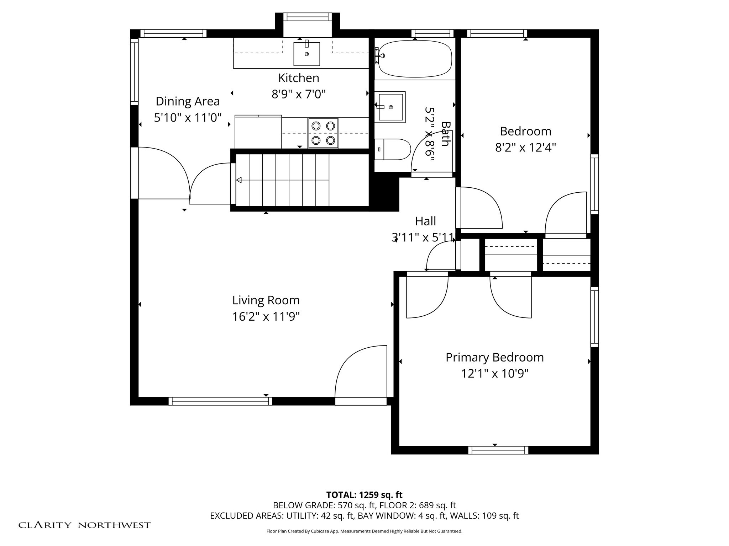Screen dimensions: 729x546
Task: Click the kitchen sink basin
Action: coord(306,54)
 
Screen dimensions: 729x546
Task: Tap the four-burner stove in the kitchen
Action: coord(323,133)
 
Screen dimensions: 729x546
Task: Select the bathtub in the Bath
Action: coord(415,59)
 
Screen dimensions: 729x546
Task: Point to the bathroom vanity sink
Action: coord(390,107)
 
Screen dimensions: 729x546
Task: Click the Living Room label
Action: coord(266,300)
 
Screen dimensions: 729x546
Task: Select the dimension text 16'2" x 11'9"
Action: coord(266,316)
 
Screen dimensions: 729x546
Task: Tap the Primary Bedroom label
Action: coord(495,358)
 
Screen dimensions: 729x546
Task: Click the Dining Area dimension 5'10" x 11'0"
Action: coord(188,117)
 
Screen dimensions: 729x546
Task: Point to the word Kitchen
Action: coord(299,78)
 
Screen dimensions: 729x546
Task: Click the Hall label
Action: coord(425,221)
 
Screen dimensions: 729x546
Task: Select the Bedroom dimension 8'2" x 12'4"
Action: coord(525,147)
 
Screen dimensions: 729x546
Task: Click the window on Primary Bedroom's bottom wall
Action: coord(498,450)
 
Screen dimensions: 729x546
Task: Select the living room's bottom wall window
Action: coord(220,401)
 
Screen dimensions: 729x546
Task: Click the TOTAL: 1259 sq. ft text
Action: coord(364,495)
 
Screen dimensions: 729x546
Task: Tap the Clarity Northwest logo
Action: coord(84,525)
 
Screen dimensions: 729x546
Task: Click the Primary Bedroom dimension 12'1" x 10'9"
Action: coord(495,374)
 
